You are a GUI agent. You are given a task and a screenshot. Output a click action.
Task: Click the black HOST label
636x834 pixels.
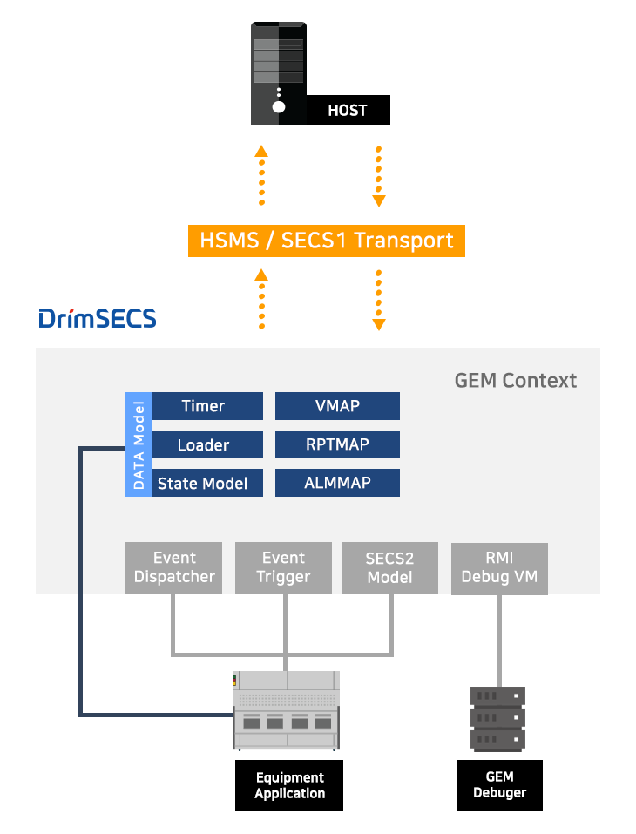point(347,111)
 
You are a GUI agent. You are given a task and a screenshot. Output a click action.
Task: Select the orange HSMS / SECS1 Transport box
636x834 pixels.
point(327,241)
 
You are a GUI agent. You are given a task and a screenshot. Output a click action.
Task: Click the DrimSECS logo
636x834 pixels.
point(98,318)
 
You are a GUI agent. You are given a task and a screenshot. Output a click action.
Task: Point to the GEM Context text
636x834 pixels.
point(515,381)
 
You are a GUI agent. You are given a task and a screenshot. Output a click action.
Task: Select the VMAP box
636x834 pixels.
point(337,406)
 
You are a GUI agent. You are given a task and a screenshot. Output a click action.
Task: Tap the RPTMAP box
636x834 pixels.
point(337,444)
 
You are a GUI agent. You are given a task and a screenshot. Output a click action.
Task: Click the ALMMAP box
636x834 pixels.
point(337,483)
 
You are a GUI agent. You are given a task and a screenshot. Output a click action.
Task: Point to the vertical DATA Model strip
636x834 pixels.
point(139,444)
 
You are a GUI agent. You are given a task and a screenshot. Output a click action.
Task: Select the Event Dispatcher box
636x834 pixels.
point(174,568)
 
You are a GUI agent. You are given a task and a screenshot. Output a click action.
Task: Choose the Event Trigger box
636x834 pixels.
point(283,568)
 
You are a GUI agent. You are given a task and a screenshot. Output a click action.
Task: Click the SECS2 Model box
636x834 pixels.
point(389,568)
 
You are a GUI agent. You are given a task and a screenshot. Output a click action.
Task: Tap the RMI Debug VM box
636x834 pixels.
point(499,568)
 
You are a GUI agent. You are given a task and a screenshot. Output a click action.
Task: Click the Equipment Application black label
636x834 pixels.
point(289,785)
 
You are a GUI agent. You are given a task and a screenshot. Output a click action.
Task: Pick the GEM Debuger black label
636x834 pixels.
point(499,785)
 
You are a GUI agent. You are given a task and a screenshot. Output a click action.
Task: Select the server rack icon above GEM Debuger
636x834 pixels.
point(498,719)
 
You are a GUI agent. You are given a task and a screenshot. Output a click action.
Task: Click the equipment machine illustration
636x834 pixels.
point(287,710)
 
